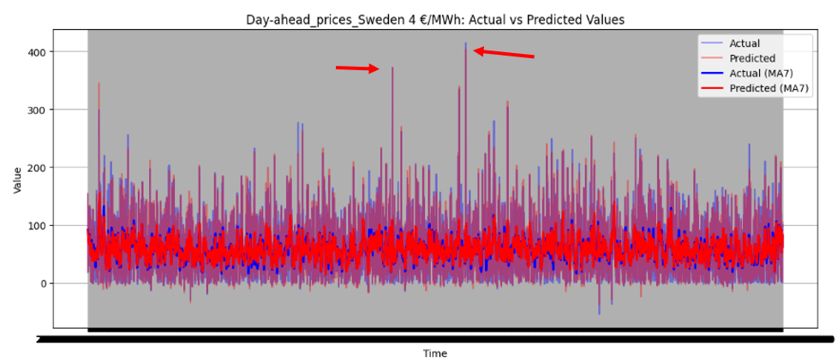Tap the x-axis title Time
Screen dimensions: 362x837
[434, 353]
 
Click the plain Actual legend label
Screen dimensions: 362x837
[744, 44]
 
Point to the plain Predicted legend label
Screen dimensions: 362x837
[752, 58]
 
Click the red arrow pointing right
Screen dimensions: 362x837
[357, 68]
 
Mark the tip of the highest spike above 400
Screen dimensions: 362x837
[466, 44]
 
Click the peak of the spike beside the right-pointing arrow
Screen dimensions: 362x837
[392, 68]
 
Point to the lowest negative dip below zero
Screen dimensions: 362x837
[599, 313]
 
